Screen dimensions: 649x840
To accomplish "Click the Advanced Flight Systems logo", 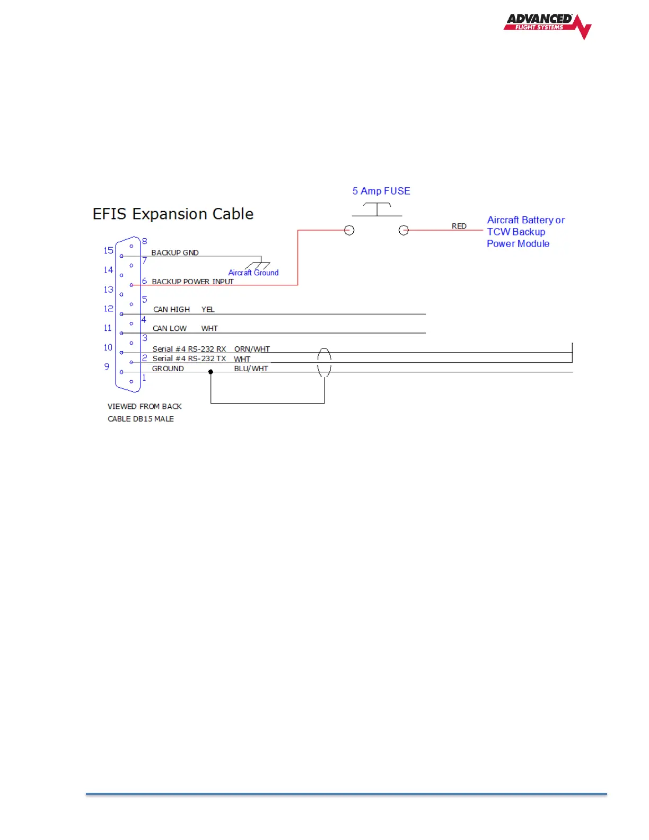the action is [x=547, y=25].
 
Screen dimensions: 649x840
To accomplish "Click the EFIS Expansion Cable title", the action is [x=173, y=214].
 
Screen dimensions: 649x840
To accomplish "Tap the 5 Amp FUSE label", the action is [x=381, y=191].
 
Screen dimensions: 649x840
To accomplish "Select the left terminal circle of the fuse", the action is [x=349, y=230].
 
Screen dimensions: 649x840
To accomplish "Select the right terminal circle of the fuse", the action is [x=404, y=230].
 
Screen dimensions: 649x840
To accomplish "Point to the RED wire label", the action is [x=459, y=226].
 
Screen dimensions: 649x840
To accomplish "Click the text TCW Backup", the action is [x=516, y=232].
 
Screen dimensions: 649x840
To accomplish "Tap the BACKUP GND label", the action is [x=175, y=252].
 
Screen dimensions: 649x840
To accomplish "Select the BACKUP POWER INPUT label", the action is [x=192, y=282].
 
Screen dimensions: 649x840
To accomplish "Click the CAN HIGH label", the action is [x=171, y=309].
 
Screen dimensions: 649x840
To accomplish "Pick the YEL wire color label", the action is [x=208, y=309].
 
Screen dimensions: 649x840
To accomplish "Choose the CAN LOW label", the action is [x=170, y=328].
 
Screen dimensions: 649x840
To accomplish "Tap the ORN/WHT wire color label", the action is [x=252, y=349].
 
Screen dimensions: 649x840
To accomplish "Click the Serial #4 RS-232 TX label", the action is [x=189, y=358].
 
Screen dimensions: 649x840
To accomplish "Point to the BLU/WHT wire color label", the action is [x=251, y=369].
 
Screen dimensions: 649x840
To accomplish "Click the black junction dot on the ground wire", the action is [x=211, y=372].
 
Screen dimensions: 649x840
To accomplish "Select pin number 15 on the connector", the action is [x=109, y=250].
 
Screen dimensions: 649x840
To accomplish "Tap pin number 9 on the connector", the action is [x=107, y=366].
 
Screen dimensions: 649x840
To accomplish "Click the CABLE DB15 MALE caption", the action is [x=141, y=419].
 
